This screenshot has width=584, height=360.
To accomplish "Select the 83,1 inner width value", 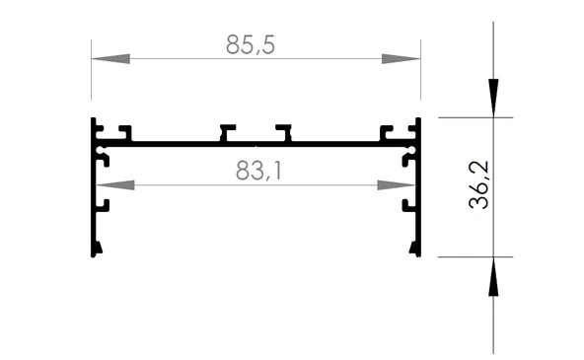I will (x=258, y=171).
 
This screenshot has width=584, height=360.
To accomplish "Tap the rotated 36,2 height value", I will (x=480, y=186).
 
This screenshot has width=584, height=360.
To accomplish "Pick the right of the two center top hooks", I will (x=284, y=131).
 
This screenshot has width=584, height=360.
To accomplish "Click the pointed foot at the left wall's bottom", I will (x=96, y=249).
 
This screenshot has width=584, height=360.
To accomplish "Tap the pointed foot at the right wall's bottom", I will (x=416, y=249).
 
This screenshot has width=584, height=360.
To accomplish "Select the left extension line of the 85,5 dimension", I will (x=91, y=74).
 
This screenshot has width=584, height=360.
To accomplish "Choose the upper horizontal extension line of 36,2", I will (x=474, y=117).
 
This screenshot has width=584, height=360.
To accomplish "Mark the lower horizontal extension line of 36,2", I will (x=474, y=257).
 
